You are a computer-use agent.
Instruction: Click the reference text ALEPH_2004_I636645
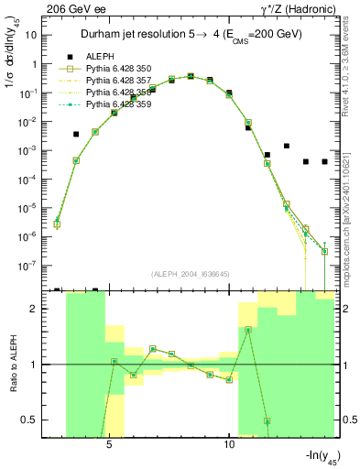click(197, 275)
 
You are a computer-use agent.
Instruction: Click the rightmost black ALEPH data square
click(324, 161)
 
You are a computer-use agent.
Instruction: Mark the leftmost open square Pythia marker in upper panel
click(57, 224)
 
